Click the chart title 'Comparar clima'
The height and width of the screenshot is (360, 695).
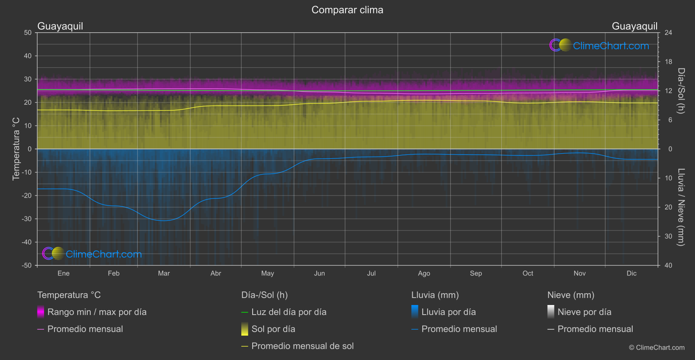(x=347, y=10)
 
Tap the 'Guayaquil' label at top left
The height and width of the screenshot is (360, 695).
(x=60, y=26)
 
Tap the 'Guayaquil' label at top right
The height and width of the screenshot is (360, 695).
(x=634, y=26)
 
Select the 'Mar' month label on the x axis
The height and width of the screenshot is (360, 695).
(x=164, y=274)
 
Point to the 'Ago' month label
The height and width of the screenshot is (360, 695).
(x=424, y=274)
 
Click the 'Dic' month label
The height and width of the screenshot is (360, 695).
(x=631, y=274)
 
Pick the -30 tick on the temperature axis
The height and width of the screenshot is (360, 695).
(x=27, y=219)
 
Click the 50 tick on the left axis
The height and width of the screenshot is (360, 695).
(x=28, y=33)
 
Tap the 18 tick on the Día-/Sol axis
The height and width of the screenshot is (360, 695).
(x=668, y=62)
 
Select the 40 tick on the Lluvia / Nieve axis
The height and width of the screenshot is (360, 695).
(x=668, y=265)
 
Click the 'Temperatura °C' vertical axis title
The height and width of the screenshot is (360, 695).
(x=16, y=149)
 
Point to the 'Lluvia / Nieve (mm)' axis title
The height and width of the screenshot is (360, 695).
(x=681, y=207)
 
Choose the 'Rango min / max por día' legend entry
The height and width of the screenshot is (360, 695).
(x=97, y=312)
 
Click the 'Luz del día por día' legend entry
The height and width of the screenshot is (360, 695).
(x=289, y=312)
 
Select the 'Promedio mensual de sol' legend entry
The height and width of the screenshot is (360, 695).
(x=302, y=346)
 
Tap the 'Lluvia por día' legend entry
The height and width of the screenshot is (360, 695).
(x=448, y=312)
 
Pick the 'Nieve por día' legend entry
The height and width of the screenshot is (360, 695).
(x=584, y=312)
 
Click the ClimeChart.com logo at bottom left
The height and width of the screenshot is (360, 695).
(x=92, y=254)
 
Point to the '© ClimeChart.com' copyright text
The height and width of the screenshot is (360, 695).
(x=657, y=348)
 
